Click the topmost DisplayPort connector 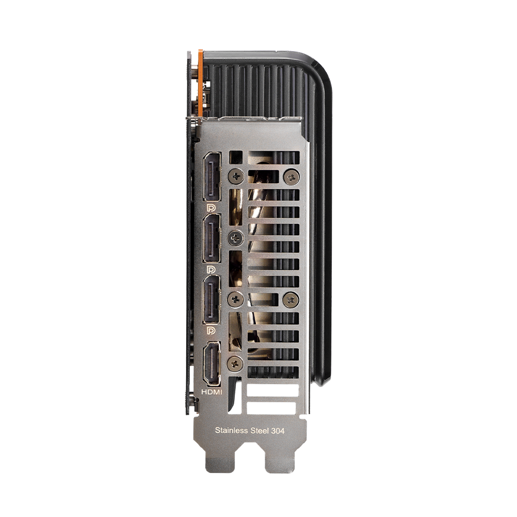pos(211,177)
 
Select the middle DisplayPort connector pos(211,238)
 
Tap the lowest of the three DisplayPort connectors pos(211,300)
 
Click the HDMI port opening pos(211,363)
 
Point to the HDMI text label pos(211,392)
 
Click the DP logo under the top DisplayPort pos(211,208)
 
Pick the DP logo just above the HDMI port pos(211,331)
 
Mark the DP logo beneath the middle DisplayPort pos(211,270)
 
